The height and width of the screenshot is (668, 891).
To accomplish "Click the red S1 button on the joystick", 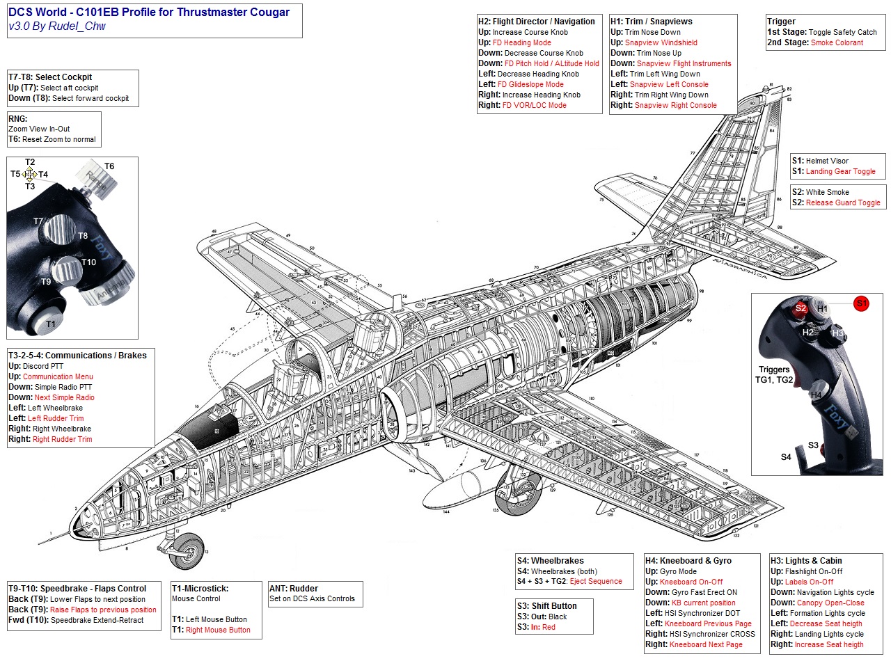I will pyautogui.click(x=861, y=303).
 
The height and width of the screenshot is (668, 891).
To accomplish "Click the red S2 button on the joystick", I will pyautogui.click(x=801, y=308).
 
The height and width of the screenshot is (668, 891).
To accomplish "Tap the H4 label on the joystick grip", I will pyautogui.click(x=816, y=395).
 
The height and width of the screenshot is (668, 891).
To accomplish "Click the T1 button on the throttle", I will pyautogui.click(x=50, y=324).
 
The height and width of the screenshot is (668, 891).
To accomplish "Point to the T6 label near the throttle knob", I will pyautogui.click(x=109, y=166).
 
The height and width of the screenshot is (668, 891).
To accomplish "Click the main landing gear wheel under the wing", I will pyautogui.click(x=512, y=495).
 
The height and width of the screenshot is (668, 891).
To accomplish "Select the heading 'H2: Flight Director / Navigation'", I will pyautogui.click(x=536, y=22).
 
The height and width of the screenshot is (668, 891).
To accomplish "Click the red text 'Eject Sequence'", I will pyautogui.click(x=596, y=582).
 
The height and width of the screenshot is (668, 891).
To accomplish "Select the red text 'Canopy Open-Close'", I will pyautogui.click(x=830, y=603).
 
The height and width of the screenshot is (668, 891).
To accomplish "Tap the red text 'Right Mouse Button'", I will pyautogui.click(x=218, y=630).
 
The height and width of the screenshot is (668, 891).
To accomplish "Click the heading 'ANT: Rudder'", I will pyautogui.click(x=294, y=589).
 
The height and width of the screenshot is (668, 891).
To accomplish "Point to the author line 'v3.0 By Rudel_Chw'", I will pyautogui.click(x=57, y=26).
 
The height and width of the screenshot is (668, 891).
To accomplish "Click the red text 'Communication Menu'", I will pyautogui.click(x=58, y=376).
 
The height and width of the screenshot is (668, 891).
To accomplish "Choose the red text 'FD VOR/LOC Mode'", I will pyautogui.click(x=534, y=105).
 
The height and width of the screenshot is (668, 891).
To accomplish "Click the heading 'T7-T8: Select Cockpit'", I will pyautogui.click(x=50, y=77).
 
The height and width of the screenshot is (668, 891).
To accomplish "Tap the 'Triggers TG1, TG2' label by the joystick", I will pyautogui.click(x=774, y=375).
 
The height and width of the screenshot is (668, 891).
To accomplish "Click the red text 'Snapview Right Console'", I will pyautogui.click(x=675, y=105).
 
